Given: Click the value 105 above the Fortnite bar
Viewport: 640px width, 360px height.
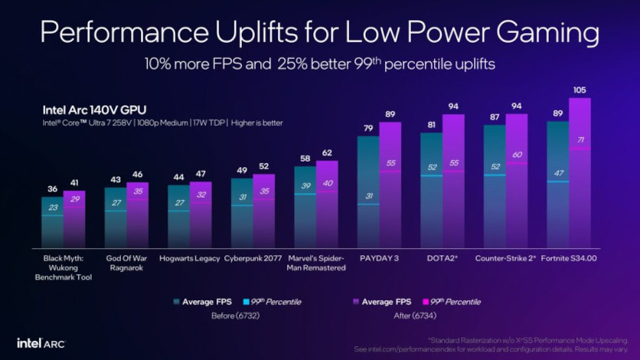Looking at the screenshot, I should click(x=580, y=90).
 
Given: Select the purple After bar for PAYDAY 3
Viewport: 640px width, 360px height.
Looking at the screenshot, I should click(x=390, y=191).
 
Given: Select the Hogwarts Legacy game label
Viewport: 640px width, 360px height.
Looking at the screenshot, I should click(x=189, y=258).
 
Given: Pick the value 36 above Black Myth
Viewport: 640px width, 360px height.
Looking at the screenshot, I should click(x=53, y=189).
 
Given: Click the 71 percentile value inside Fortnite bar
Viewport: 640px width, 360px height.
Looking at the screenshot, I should click(x=580, y=140).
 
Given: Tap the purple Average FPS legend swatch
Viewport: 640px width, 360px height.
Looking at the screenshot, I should click(x=357, y=302).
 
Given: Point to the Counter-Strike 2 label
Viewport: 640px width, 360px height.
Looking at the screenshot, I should click(x=505, y=258).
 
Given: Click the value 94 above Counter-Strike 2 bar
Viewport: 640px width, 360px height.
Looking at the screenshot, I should click(x=516, y=106).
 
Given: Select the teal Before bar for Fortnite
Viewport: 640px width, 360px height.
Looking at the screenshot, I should click(x=559, y=191).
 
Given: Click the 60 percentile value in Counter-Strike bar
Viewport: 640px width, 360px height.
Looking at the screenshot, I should click(x=516, y=155).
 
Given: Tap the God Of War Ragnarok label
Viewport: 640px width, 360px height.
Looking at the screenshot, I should click(x=126, y=263).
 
